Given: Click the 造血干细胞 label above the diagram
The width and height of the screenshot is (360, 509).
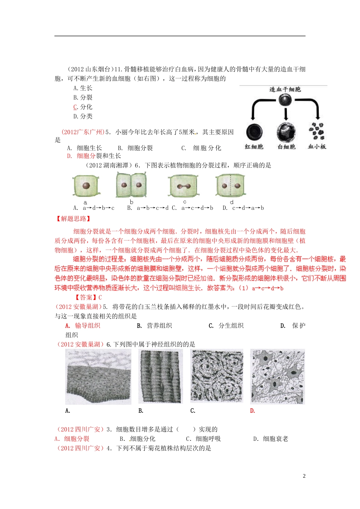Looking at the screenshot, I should coord(285,89).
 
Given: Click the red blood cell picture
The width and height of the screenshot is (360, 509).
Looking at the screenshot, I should coord(254,132).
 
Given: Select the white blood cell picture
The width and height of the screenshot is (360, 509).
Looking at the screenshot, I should coord(286,132).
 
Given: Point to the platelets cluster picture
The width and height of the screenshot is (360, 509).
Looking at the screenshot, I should coord(316,131).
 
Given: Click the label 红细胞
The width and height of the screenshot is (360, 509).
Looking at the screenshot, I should coord(254,147).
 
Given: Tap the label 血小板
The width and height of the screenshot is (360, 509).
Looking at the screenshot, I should coord(317,147).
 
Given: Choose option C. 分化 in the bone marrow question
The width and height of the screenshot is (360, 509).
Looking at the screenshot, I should coord(83,107).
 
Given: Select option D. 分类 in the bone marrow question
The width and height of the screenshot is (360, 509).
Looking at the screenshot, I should coord(83,116).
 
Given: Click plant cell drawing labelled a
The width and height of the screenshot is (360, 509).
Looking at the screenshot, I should coord(86,186).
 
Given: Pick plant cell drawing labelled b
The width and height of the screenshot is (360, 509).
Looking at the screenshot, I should coord(131,185).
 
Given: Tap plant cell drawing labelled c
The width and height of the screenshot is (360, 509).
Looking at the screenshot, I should coord(184,186).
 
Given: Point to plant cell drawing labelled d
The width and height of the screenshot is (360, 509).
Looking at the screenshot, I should coord(230,186).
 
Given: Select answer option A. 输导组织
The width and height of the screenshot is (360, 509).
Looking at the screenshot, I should coord(83,326).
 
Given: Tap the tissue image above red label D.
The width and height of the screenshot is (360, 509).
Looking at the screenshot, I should coord(277,376).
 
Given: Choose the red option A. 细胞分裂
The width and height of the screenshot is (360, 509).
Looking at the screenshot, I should coord(72,439).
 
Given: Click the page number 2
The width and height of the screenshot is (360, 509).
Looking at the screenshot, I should coord(304,476).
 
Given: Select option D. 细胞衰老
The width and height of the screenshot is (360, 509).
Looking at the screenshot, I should coord(271,439).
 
